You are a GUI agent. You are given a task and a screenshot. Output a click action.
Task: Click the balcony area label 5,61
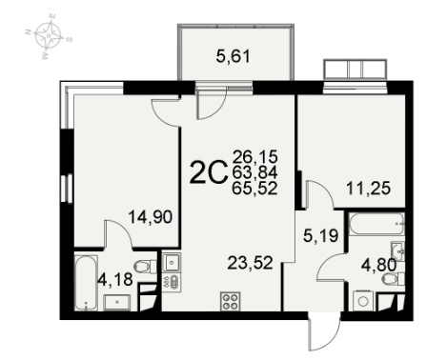coord(234,57)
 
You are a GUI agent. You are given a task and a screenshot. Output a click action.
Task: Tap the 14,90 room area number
coord(151,217)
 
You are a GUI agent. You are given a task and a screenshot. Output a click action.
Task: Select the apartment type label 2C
coord(209,173)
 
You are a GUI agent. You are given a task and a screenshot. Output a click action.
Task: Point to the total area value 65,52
coord(254,189)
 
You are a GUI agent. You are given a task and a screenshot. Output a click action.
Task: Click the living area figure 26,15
coord(254,156)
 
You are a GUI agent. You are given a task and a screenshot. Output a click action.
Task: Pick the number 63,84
coord(254,172)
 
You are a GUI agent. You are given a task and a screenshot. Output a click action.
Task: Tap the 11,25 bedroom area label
coord(368,189)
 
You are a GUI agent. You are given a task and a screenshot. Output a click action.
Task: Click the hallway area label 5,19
coord(321,236)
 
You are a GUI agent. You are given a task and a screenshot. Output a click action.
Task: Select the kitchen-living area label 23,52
coord(251,263)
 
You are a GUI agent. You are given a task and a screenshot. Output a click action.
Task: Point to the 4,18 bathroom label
coord(115,280)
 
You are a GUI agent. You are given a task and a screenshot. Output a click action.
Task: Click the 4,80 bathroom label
coord(379,266)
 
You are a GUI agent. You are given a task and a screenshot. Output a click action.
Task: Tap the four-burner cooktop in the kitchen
coord(231,302)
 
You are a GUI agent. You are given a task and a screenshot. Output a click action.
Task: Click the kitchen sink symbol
coord(172,263)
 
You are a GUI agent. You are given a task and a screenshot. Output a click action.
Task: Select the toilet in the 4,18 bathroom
coord(145,266)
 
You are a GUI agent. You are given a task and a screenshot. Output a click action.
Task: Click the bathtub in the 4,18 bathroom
coord(86,283)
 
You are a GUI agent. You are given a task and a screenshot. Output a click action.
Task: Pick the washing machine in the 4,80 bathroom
coord(363,300)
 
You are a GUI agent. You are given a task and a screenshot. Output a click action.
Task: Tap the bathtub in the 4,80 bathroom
coord(376,224)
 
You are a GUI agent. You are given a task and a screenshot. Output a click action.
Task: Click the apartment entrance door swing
coord(325,334)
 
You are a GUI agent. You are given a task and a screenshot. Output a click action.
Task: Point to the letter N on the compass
coord(29,31)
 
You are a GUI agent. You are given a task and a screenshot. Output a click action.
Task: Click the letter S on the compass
coord(70,39)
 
